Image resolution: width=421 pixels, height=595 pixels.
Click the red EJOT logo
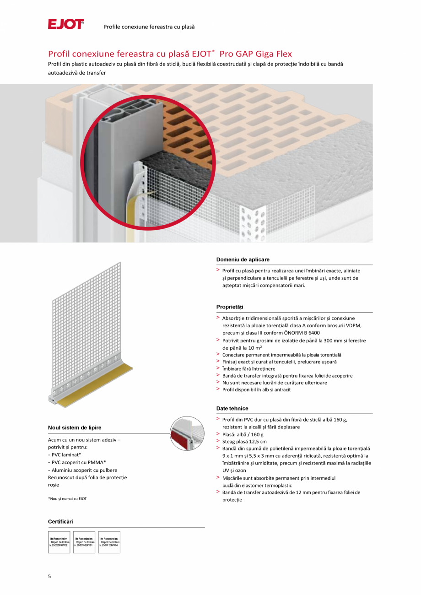pyautogui.click(x=66, y=24)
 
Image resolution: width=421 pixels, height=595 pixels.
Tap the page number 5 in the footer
pyautogui.click(x=49, y=576)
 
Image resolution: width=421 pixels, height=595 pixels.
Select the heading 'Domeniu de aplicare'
pyautogui.click(x=243, y=260)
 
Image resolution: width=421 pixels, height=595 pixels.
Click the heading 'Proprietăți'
pyautogui.click(x=230, y=307)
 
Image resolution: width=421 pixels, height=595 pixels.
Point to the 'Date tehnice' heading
pyautogui.click(x=232, y=408)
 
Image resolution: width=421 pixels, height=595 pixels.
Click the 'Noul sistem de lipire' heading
pyautogui.click(x=75, y=427)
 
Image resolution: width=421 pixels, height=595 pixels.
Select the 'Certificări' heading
pyautogui.click(x=60, y=521)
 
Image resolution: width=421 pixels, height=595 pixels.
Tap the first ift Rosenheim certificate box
pyautogui.click(x=59, y=542)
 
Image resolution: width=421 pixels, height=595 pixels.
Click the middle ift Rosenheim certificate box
pyautogui.click(x=84, y=542)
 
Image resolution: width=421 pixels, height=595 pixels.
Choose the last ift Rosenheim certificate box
pyautogui.click(x=109, y=542)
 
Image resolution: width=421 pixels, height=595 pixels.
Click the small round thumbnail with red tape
pyautogui.click(x=187, y=433)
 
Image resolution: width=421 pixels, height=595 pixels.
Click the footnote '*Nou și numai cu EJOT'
pyautogui.click(x=67, y=498)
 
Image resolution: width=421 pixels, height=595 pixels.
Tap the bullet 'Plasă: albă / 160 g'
pyautogui.click(x=243, y=434)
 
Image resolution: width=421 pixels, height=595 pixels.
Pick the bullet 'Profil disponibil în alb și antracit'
pyautogui.click(x=256, y=389)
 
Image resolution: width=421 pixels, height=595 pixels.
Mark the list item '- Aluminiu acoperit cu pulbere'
pyautogui.click(x=82, y=470)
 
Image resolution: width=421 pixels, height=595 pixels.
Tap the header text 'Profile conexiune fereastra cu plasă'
pyautogui.click(x=149, y=27)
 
